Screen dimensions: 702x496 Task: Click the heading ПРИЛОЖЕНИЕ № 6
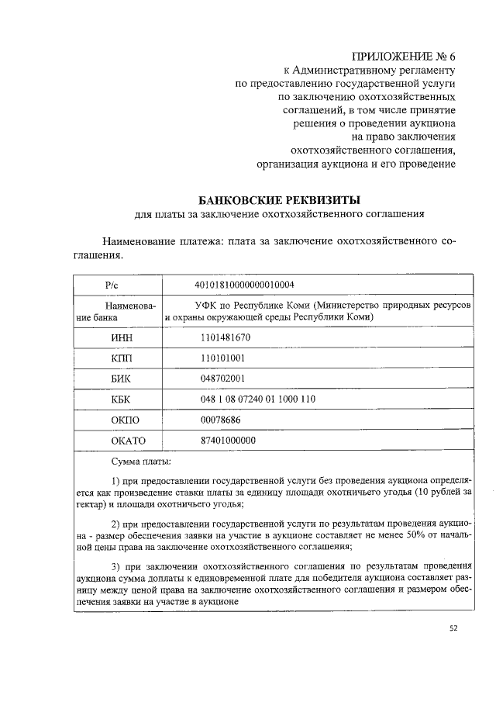coord(403,57)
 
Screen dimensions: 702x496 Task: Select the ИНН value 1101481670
coord(226,338)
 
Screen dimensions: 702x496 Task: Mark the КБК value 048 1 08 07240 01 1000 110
coord(258,399)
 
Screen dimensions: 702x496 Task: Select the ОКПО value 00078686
coord(220,420)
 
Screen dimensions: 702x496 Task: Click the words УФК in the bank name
coord(206,306)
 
